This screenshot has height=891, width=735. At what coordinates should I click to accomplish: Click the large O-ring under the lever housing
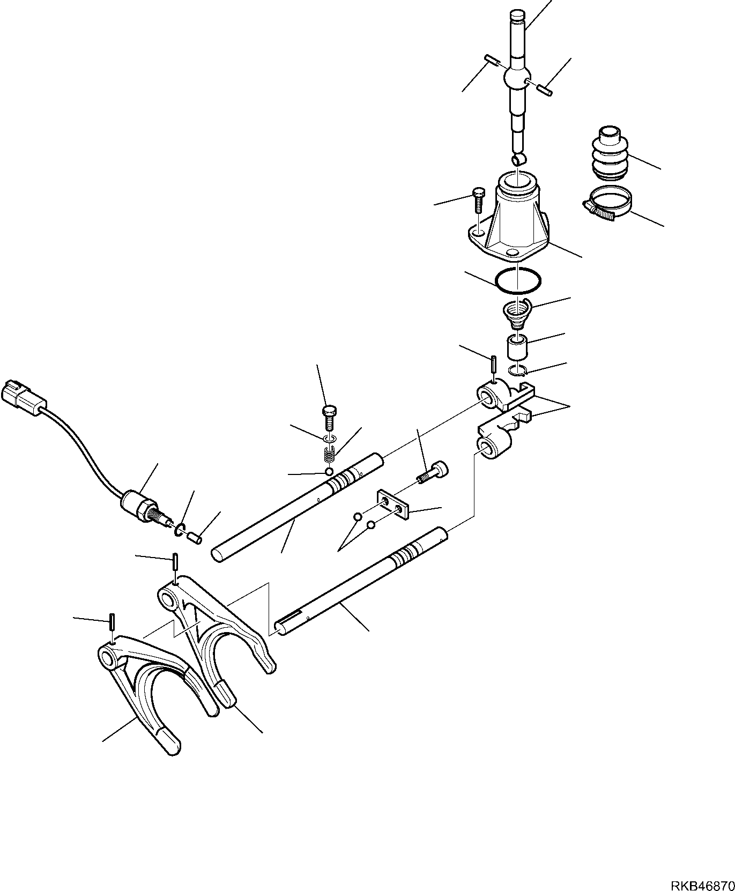tap(518, 280)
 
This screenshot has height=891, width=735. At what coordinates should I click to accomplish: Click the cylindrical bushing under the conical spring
tap(518, 347)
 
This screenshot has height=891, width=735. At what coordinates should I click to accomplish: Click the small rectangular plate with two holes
tap(394, 504)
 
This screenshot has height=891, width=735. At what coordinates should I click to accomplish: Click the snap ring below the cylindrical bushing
tap(517, 371)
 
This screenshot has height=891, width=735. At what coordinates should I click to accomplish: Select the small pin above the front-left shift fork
tap(112, 622)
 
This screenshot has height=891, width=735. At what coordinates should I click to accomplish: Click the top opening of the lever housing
tap(517, 179)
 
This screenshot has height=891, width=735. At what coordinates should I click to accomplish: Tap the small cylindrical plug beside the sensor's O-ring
tap(195, 536)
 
